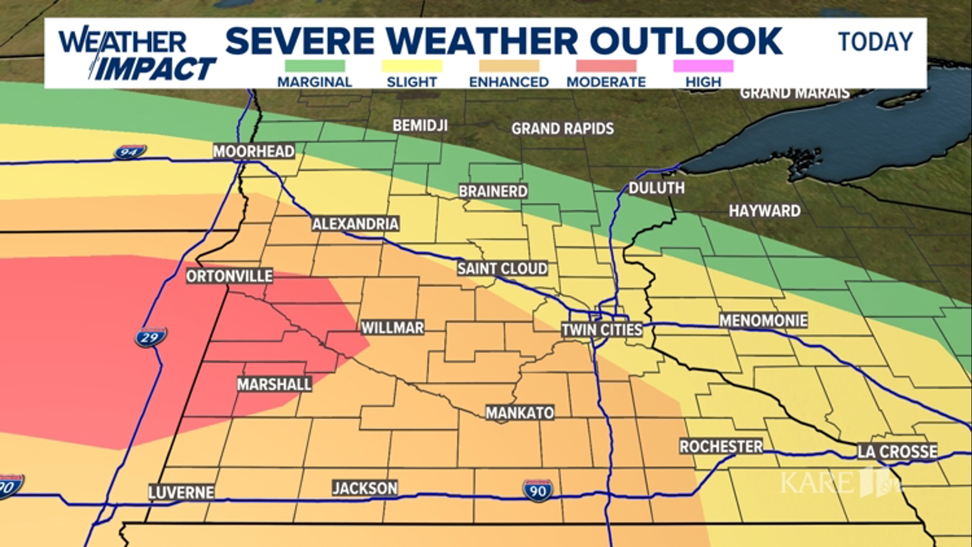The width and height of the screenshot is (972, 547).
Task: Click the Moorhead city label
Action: click(x=254, y=151)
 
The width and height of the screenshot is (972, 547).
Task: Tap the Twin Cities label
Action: click(x=601, y=330)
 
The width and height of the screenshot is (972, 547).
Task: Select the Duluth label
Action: click(x=656, y=188)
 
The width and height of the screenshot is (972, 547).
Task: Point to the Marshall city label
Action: click(x=274, y=384)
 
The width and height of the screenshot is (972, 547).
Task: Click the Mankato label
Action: click(x=519, y=413)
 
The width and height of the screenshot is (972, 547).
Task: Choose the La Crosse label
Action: click(x=897, y=451)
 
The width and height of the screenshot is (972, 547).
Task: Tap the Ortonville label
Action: click(x=229, y=276)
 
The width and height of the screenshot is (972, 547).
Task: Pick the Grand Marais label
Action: click(x=794, y=93)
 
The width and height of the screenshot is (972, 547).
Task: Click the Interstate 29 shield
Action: click(x=151, y=337)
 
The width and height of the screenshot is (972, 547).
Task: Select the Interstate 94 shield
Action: click(x=130, y=151)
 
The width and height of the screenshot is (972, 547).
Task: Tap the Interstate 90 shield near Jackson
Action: click(x=538, y=491)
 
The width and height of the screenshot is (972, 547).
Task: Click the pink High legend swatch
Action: click(x=703, y=66)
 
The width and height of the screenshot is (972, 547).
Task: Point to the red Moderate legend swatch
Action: click(x=606, y=66)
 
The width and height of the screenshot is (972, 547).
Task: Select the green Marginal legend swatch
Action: click(x=314, y=66)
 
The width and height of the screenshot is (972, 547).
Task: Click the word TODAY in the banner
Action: click(x=875, y=42)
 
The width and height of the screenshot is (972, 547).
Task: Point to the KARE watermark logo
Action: click(x=840, y=483)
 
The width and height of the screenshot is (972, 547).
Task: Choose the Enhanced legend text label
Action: click(x=509, y=82)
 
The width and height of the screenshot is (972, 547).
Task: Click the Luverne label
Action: click(x=181, y=492)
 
